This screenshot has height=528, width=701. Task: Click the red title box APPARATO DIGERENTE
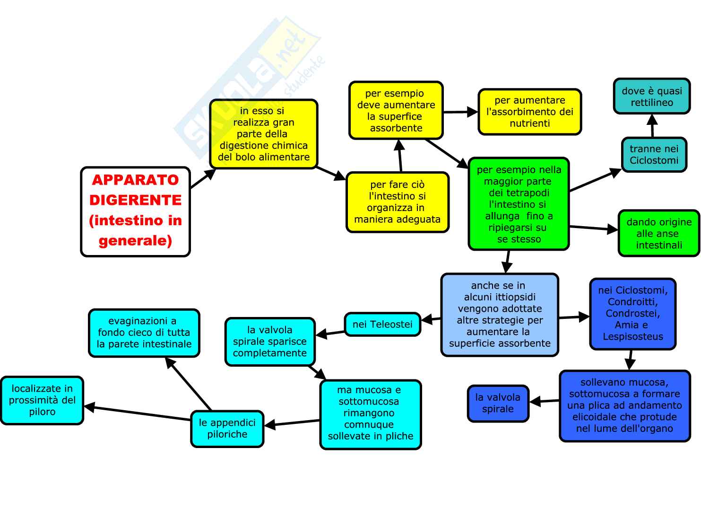pyautogui.click(x=135, y=211)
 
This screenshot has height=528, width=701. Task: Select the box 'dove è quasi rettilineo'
pyautogui.click(x=652, y=97)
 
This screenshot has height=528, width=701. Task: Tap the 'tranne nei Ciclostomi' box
pyautogui.click(x=654, y=155)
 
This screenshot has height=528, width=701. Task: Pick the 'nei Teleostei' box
pyautogui.click(x=382, y=325)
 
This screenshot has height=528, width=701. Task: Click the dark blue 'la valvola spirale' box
pyautogui.click(x=498, y=403)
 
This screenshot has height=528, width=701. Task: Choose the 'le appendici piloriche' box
pyautogui.click(x=227, y=429)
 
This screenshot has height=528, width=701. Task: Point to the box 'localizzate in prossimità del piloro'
pyautogui.click(x=42, y=400)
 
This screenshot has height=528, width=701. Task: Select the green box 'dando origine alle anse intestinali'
pyautogui.click(x=658, y=233)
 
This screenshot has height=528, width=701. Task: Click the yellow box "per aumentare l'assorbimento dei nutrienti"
pyautogui.click(x=529, y=112)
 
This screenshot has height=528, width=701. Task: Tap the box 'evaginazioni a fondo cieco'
pyautogui.click(x=144, y=333)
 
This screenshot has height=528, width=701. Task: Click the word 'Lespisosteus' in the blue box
pyautogui.click(x=632, y=337)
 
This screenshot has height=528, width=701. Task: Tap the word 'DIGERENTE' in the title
pyautogui.click(x=135, y=200)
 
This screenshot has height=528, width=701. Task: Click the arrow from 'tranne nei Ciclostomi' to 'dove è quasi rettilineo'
pyautogui.click(x=653, y=127)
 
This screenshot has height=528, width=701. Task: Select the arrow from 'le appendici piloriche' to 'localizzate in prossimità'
pyautogui.click(x=137, y=413)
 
